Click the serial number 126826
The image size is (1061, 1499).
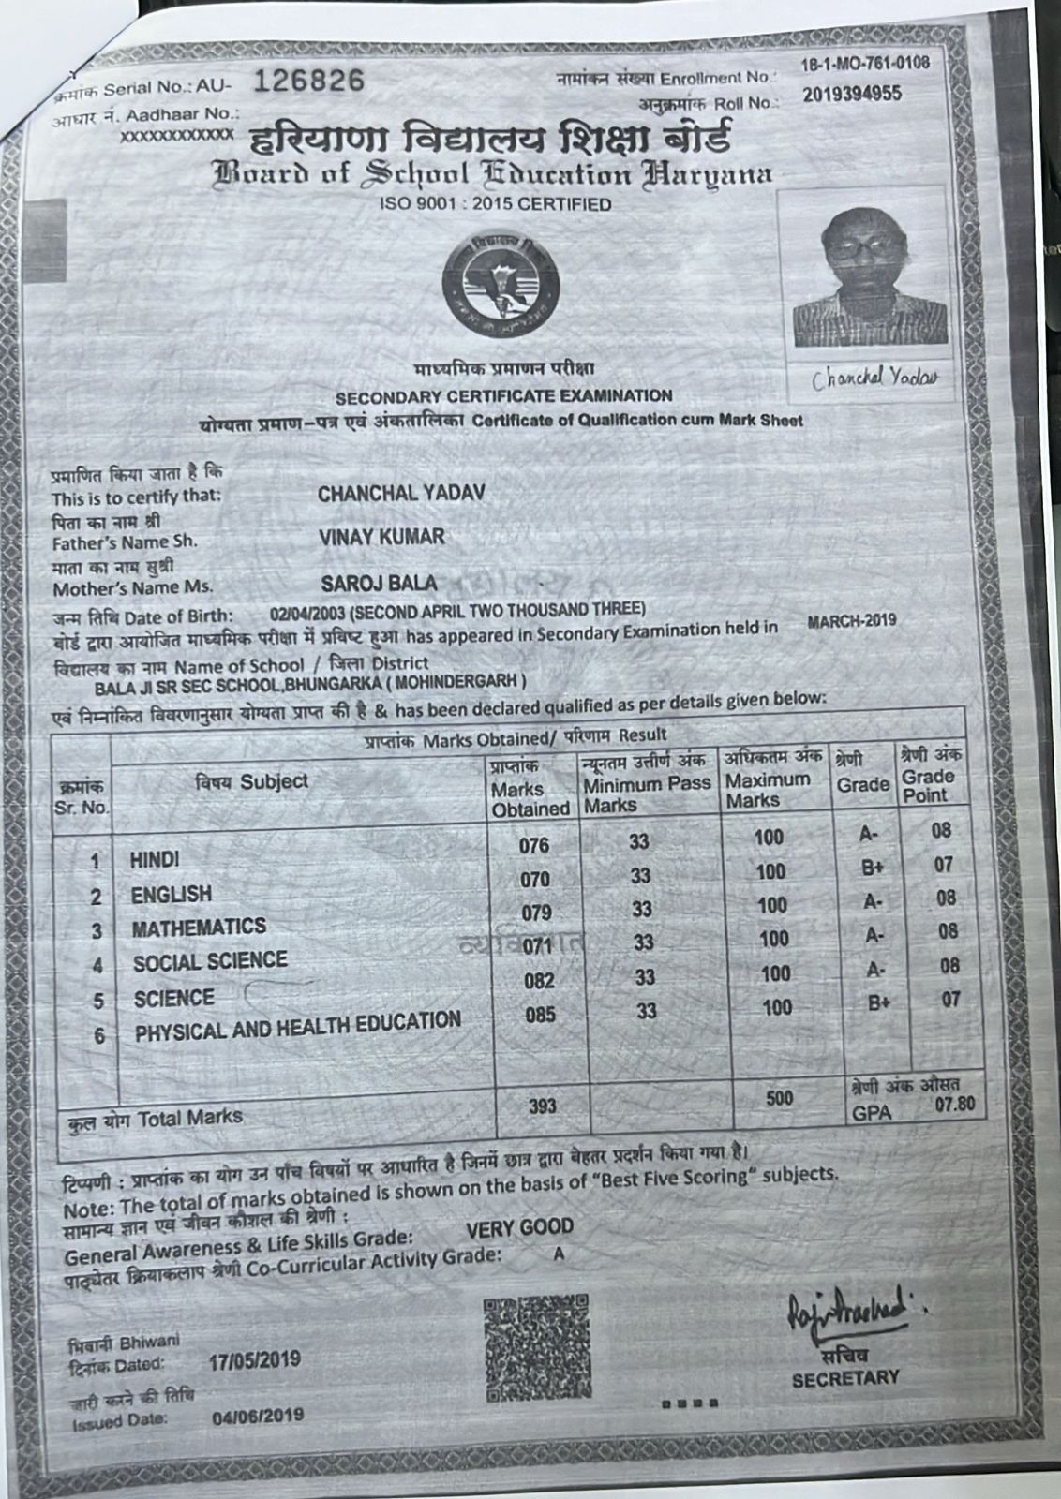pyautogui.click(x=308, y=82)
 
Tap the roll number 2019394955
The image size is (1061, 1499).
pyautogui.click(x=852, y=94)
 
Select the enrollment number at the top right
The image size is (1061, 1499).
pyautogui.click(x=865, y=64)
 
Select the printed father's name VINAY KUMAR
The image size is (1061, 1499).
pyautogui.click(x=381, y=538)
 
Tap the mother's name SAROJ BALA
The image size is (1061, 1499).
pyautogui.click(x=379, y=584)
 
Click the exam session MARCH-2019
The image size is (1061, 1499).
pyautogui.click(x=851, y=620)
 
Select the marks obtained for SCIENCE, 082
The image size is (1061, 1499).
pyautogui.click(x=539, y=981)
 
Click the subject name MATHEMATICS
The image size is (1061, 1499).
pyautogui.click(x=199, y=928)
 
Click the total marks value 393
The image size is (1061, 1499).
pyautogui.click(x=542, y=1106)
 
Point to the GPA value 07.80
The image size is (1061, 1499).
pyautogui.click(x=954, y=1105)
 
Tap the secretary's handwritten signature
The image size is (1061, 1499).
pyautogui.click(x=845, y=1313)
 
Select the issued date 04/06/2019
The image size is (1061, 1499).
pyautogui.click(x=258, y=1415)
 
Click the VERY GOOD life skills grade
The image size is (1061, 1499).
pyautogui.click(x=519, y=1227)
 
